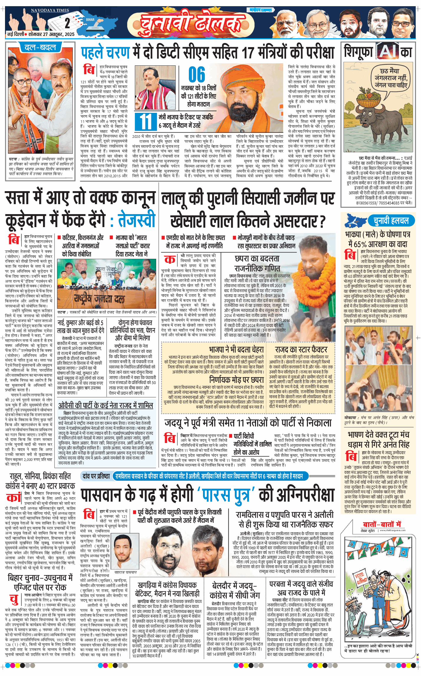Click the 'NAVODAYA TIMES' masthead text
coord(50,10)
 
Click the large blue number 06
coord(197,75)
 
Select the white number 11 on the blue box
coord(146,122)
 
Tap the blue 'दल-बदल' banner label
coord(40,47)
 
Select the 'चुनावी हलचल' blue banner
coord(391,221)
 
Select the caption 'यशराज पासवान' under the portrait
coord(126,572)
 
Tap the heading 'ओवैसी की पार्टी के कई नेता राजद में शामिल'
coord(105,406)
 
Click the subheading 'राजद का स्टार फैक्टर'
coord(301,349)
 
